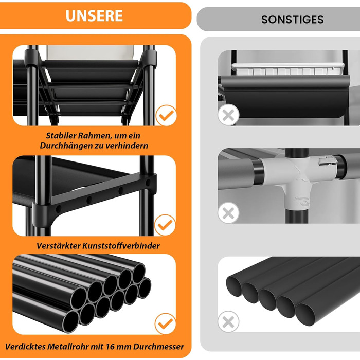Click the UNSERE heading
(94, 15)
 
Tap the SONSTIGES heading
(293, 20)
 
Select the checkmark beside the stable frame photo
(166, 116)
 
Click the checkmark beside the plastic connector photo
(165, 225)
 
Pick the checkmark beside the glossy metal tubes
(165, 323)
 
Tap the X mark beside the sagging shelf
(228, 115)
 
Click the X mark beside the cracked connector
(228, 213)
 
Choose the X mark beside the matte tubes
(228, 321)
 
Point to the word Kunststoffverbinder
(121, 246)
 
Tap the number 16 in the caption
(110, 347)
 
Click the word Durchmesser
(158, 347)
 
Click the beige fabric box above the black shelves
(90, 53)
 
